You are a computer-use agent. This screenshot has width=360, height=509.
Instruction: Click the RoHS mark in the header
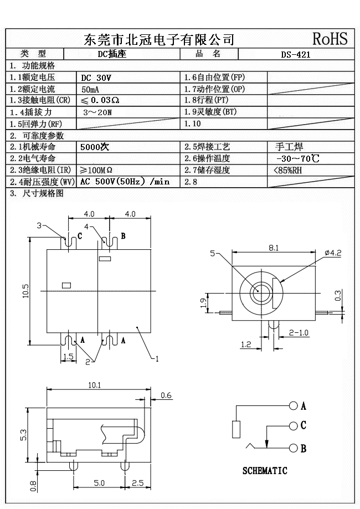(330, 39)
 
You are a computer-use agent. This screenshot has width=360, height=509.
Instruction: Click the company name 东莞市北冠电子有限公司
(158, 39)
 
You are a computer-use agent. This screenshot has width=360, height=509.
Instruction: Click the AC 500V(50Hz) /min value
(125, 182)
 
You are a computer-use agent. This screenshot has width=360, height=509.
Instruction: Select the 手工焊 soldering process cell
(289, 147)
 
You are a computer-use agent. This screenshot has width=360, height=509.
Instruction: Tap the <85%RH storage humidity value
(288, 170)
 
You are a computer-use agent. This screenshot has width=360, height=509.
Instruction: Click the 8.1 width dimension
(273, 248)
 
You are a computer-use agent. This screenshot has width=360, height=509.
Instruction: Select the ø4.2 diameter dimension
(332, 253)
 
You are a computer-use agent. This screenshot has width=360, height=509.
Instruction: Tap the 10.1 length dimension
(94, 385)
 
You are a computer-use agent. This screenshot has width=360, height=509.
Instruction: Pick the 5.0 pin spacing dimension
(99, 483)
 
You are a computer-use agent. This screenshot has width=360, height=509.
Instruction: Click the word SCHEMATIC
(265, 471)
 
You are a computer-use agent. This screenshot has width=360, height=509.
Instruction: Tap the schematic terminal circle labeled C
(294, 426)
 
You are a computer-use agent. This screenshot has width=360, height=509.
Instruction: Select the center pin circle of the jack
(259, 292)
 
